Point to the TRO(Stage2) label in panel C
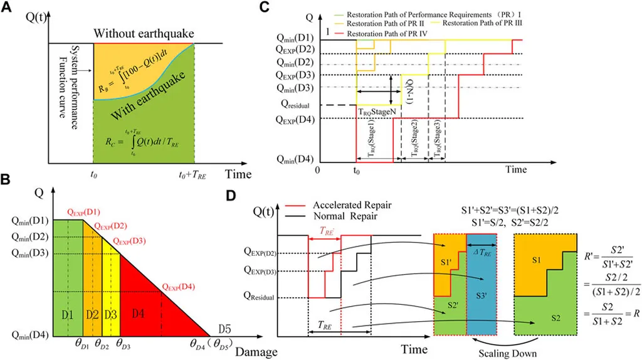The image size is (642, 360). tap(414, 142)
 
